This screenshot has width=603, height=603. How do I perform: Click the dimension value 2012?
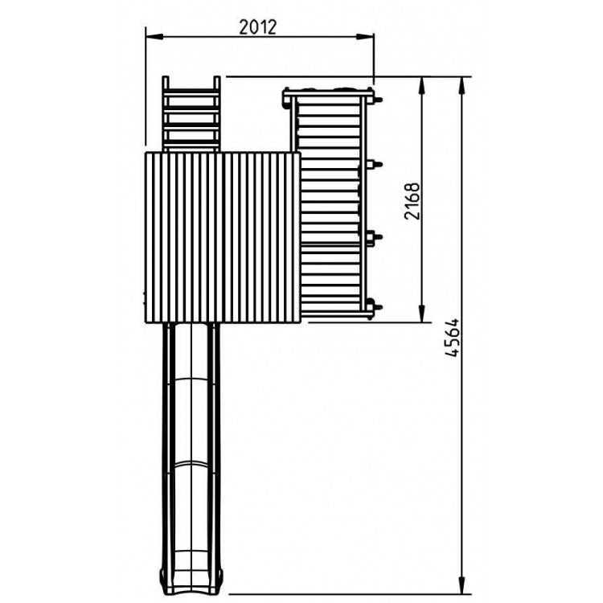(257, 27)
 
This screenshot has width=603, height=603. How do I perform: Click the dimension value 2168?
(412, 201)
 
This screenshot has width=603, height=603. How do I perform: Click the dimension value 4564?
(453, 337)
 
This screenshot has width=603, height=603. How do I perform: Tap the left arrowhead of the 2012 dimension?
(154, 36)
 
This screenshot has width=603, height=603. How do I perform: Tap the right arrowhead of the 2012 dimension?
(364, 36)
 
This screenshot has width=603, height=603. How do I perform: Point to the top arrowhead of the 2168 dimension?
(422, 85)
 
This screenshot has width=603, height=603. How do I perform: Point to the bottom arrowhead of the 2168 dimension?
(422, 313)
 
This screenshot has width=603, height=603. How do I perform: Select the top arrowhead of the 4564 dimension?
(461, 85)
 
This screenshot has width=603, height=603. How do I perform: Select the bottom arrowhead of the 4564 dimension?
(461, 585)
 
